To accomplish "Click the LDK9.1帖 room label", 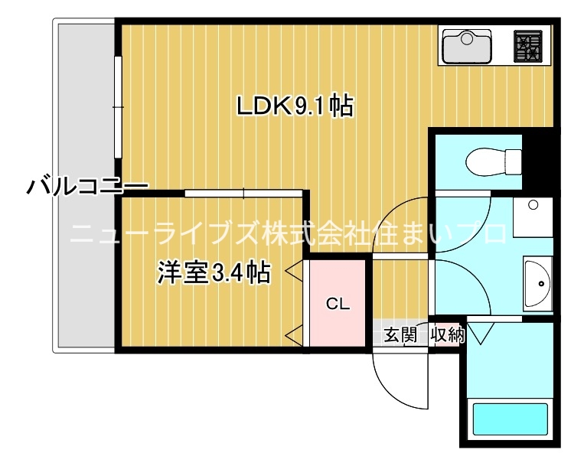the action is coord(295,106).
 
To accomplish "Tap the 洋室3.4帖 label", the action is coord(214,273).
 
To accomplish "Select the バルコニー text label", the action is coord(87,185).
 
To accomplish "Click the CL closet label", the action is coord(338,304).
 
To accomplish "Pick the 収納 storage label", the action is coord(447,334).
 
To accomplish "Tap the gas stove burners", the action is coord(527,46).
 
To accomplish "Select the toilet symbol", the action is coord(494,161).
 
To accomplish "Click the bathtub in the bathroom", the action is coord(511,419).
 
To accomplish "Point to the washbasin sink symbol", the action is coord(537,283).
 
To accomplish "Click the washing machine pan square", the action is coord(533,217).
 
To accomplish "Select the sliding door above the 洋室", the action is coord(243,193).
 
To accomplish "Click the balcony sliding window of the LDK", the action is coord(118,107).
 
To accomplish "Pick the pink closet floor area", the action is coord(338,303).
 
